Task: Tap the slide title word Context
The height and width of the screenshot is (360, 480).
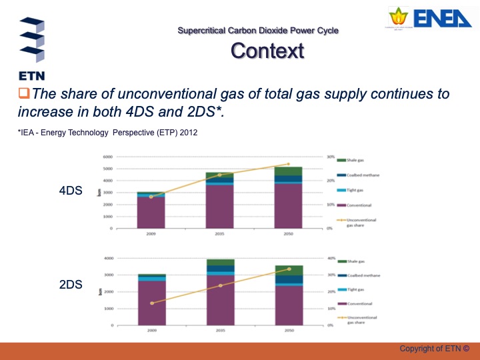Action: (267, 51)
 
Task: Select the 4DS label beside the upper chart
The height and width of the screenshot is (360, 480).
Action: (71, 191)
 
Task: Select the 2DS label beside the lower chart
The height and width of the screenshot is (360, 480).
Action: (71, 285)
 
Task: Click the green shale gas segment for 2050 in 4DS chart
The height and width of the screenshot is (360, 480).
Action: (288, 171)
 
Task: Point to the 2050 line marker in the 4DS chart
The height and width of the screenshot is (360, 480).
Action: (288, 164)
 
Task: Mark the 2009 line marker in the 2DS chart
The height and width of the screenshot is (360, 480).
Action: (152, 303)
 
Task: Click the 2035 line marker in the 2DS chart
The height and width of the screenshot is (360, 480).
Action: (220, 285)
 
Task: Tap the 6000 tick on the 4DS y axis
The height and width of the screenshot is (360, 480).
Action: (107, 157)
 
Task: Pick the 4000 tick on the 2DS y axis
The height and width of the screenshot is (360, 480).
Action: (107, 258)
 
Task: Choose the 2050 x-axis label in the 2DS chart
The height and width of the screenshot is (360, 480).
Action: (288, 331)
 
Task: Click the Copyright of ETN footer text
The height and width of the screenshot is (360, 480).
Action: (434, 349)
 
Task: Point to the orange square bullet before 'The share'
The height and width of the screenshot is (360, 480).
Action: (24, 94)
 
